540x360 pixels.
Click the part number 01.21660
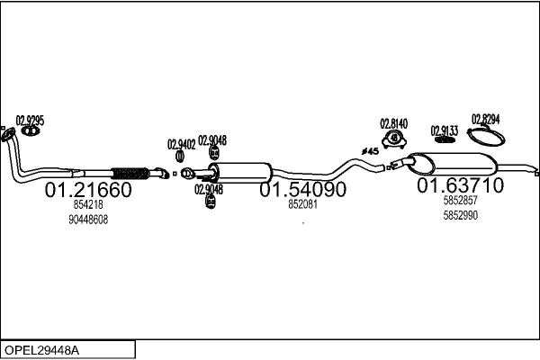point(88,190)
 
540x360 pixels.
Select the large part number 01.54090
point(302,189)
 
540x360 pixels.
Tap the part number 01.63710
point(461,185)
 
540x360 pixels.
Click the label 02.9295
point(30,121)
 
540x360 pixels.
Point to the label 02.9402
point(182,144)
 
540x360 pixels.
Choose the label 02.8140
point(393,123)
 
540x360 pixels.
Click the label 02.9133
point(445,130)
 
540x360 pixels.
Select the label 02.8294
point(486,119)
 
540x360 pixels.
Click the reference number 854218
point(88,204)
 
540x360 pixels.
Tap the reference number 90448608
point(88,220)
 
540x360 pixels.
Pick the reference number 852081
point(302,204)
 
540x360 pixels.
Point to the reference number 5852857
point(461,200)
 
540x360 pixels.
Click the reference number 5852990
point(461,215)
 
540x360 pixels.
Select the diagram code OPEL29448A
point(42,350)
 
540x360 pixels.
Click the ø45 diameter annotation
point(370,151)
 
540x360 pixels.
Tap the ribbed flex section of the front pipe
point(130,174)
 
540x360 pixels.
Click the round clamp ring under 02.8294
point(486,137)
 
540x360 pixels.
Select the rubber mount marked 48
point(394,139)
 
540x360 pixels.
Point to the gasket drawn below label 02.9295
point(31,130)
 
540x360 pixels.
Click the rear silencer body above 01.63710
point(452,163)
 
